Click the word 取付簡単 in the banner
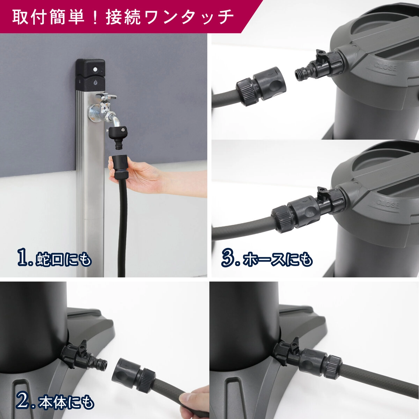pyautogui.click(x=49, y=17)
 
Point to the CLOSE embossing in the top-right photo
pyautogui.click(x=385, y=66)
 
